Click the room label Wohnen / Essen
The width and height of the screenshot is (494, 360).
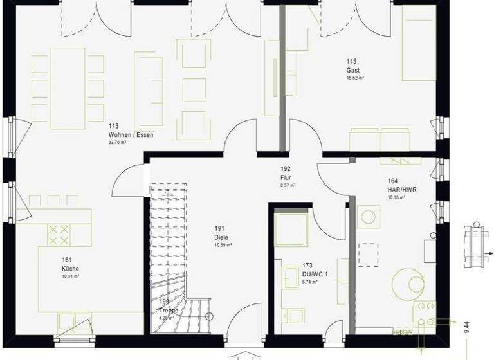click(131, 135)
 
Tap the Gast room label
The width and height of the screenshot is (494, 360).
click(353, 70)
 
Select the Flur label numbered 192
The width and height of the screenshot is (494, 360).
click(286, 177)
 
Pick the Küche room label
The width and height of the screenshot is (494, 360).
click(71, 268)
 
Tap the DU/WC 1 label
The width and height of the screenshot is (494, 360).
click(315, 274)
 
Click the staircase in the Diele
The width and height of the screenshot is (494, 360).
click(168, 257)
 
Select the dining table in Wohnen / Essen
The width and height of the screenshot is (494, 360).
click(68, 88)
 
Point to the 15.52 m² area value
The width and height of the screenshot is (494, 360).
click(356, 78)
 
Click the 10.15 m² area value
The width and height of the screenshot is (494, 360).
click(396, 197)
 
